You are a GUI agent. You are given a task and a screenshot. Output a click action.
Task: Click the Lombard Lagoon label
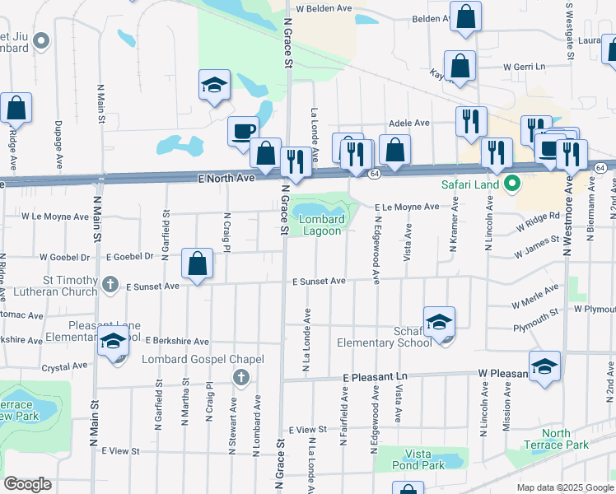[x=321, y=225]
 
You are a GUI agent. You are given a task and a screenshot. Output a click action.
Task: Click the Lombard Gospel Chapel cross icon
[x=240, y=378]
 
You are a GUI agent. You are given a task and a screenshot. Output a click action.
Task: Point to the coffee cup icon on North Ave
[x=243, y=132]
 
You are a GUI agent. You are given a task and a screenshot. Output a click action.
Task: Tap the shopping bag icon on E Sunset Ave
[x=198, y=264]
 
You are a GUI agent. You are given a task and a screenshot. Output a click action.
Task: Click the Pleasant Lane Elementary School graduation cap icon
[x=112, y=343]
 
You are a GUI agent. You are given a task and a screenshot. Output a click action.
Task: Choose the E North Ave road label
[x=226, y=178]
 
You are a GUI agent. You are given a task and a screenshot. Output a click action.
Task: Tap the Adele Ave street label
[x=409, y=123]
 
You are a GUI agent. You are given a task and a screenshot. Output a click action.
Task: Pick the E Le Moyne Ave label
[x=406, y=207]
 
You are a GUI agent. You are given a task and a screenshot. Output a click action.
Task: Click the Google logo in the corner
[x=27, y=484]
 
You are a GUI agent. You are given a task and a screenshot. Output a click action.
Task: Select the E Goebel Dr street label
[x=129, y=257]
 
